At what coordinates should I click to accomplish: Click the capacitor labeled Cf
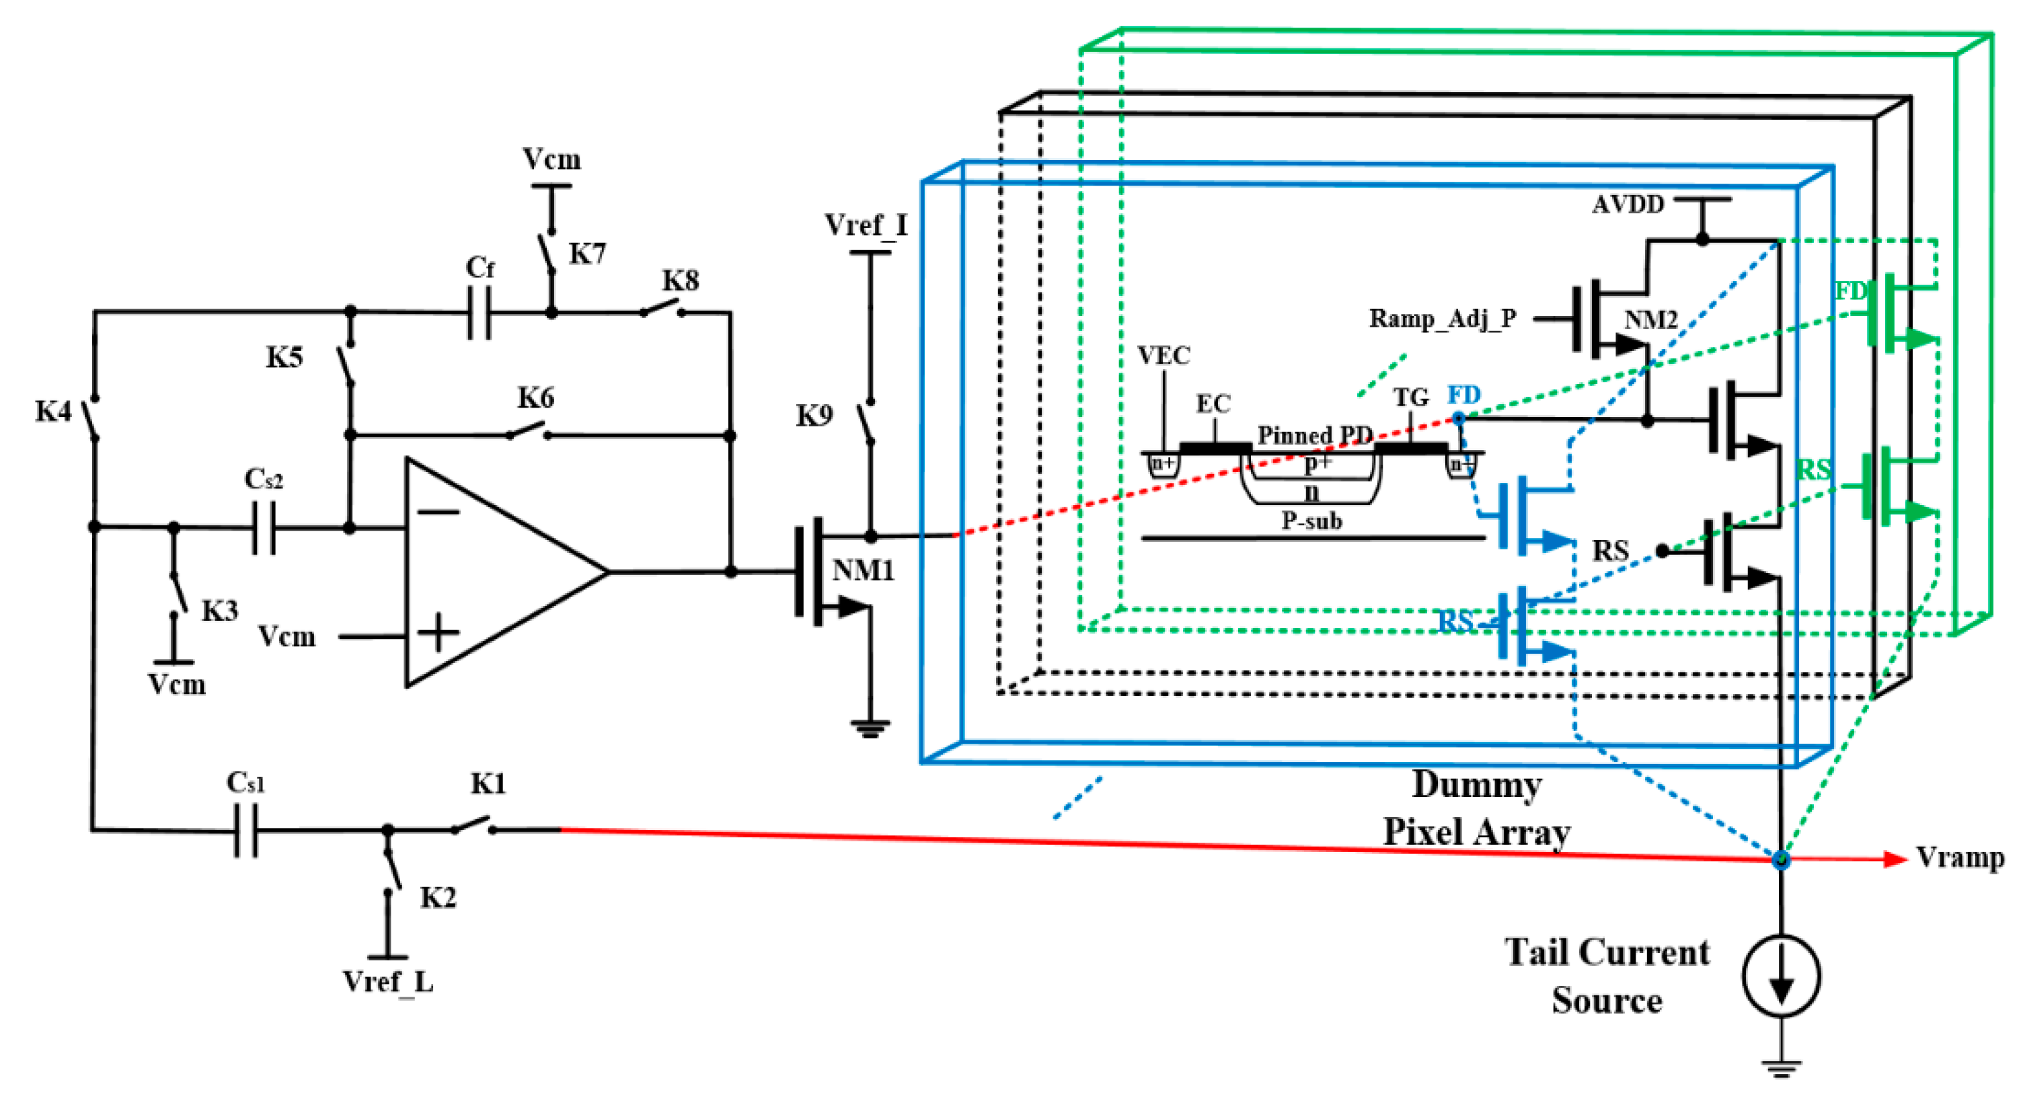coord(480,312)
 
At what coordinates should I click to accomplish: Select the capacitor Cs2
coord(264,527)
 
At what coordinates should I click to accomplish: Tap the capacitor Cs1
coord(246,829)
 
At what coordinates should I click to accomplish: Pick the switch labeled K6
coord(528,431)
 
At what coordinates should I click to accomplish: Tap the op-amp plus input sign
coord(438,633)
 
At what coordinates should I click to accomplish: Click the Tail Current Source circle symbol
coord(1780,976)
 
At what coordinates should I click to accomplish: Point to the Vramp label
coord(1959,857)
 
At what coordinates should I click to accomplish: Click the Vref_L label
coord(387,982)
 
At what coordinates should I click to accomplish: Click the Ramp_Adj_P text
coord(1442,318)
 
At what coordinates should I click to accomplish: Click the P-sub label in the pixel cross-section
coord(1311,521)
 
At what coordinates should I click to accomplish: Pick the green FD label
coord(1851,291)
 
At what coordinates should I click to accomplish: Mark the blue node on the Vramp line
coord(1780,860)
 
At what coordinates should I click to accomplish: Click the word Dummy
coord(1476,785)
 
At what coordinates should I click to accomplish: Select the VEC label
coord(1163,355)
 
